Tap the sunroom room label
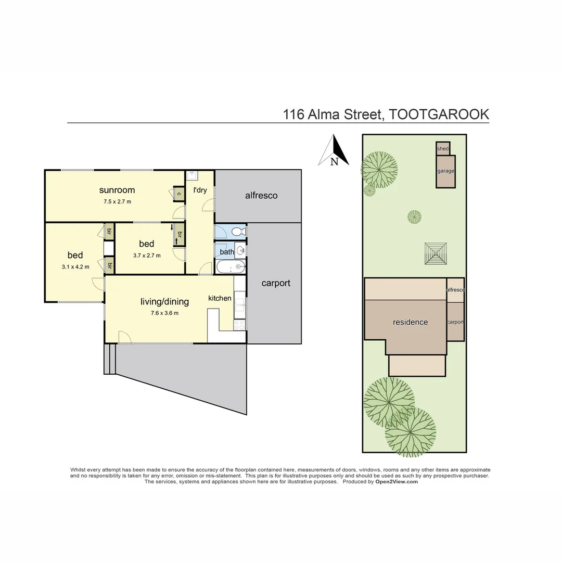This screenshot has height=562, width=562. click(117, 190)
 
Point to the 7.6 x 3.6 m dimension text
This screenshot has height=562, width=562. click(164, 313)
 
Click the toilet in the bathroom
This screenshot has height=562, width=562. click(237, 232)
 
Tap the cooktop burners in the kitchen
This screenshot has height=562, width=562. click(240, 325)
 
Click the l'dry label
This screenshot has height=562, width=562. click(200, 190)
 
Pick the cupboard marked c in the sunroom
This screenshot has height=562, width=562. click(178, 194)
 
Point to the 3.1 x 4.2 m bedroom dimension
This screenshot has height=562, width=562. click(75, 267)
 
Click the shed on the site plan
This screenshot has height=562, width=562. click(443, 149)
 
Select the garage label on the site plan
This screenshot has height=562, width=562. click(445, 171)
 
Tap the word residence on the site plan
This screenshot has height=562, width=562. click(410, 322)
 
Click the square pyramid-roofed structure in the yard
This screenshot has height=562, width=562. click(436, 254)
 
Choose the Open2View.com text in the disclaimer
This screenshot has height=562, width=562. click(397, 482)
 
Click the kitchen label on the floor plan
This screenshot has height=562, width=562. click(220, 298)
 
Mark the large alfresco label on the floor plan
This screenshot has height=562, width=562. click(261, 196)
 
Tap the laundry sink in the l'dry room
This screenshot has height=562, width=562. click(190, 176)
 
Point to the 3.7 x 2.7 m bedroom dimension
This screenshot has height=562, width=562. click(147, 256)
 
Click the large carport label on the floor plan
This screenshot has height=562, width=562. click(276, 283)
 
